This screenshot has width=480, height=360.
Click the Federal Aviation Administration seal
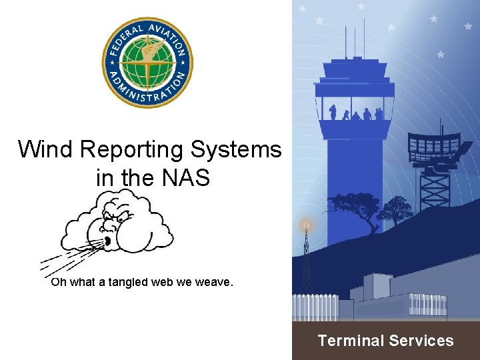click(147, 63)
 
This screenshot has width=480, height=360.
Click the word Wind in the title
click(45, 149)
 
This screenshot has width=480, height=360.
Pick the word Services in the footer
click(421, 341)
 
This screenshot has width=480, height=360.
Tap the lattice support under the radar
click(435, 187)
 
